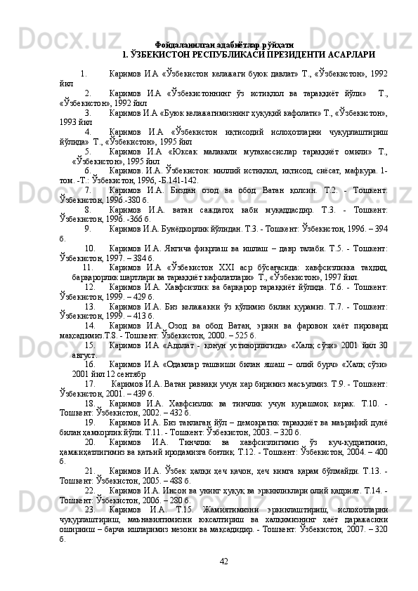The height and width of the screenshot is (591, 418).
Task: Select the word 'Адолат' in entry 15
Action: pos(183,345)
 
